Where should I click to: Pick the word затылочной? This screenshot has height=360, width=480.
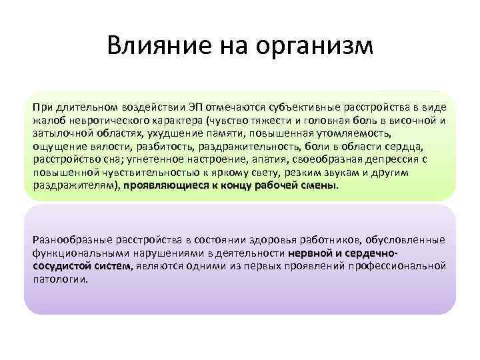click(58, 134)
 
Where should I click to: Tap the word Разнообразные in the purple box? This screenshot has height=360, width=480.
click(69, 239)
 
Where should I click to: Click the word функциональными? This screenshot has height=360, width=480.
click(75, 253)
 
